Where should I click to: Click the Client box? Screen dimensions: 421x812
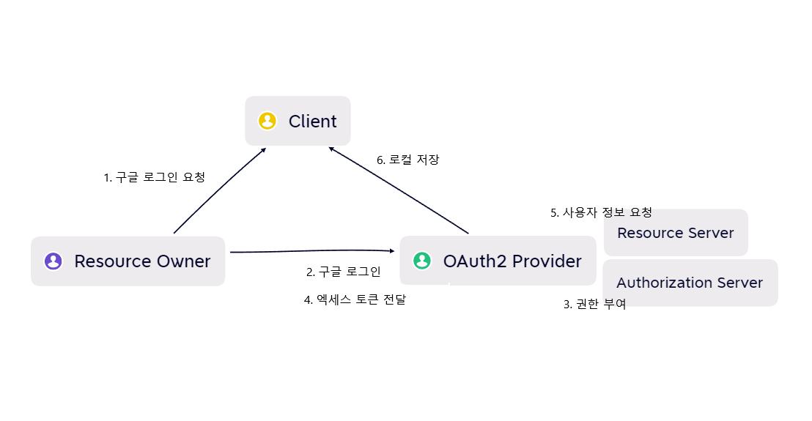[x=298, y=121]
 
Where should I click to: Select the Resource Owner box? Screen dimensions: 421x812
[x=128, y=261]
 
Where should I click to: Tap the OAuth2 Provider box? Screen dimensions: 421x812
[x=498, y=261]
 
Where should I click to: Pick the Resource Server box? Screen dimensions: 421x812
[x=675, y=233]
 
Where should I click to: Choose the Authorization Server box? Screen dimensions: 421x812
[x=690, y=283]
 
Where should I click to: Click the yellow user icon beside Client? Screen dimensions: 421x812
[x=267, y=121]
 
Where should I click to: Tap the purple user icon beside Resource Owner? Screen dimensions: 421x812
[x=53, y=261]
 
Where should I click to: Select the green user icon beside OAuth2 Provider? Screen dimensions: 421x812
[x=422, y=261]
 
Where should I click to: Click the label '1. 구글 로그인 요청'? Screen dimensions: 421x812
[x=154, y=177]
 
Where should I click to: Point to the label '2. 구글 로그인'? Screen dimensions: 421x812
[x=343, y=272]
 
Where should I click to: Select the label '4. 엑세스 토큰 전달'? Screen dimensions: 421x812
[x=355, y=299]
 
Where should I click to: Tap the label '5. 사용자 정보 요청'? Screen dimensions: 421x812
[x=601, y=213]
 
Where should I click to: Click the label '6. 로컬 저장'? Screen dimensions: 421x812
[x=407, y=159]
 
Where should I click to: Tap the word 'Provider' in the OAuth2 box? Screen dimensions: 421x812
[x=547, y=261]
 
